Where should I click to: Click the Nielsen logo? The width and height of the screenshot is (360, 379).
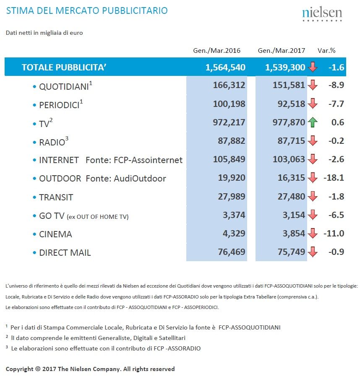[x=322, y=14]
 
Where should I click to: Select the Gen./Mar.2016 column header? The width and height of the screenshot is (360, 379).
[x=217, y=50]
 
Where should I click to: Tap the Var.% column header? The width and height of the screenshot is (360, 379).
[x=326, y=50]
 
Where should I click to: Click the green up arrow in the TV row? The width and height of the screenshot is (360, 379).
[x=313, y=122]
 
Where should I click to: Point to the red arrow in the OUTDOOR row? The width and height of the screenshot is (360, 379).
[x=313, y=178]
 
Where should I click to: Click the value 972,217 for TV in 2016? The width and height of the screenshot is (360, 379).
[x=229, y=122]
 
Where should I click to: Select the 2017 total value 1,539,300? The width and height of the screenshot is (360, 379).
[x=285, y=67]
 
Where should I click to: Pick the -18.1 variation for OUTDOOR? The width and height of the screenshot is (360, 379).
[x=334, y=178]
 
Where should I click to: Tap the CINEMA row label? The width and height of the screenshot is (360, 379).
[x=55, y=234]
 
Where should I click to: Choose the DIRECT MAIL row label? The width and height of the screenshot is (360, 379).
[x=65, y=252]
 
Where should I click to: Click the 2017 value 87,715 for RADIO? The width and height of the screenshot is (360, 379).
[x=291, y=141]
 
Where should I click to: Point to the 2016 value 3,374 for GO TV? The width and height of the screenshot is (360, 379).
[x=234, y=215]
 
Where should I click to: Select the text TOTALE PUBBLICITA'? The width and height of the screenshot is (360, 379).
[x=64, y=67]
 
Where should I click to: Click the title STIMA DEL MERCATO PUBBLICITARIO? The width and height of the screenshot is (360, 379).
[x=87, y=10]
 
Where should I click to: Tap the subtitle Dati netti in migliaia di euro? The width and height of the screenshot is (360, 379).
[x=44, y=33]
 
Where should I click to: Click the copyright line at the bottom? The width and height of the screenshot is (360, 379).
[x=90, y=369]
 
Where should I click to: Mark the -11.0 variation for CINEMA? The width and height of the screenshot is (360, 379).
[x=334, y=234]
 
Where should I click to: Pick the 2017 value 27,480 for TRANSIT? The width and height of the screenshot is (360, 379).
[x=291, y=197]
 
